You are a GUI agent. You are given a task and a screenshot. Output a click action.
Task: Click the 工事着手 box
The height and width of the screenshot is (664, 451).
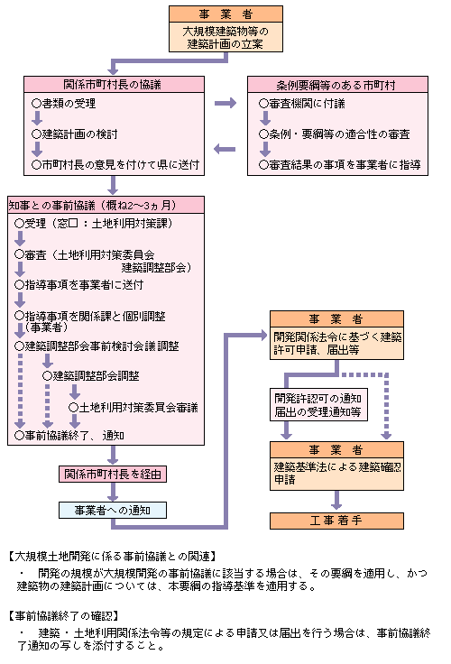pos(336,521)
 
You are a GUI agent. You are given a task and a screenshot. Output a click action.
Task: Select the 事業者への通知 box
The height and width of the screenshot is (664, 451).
pos(113,511)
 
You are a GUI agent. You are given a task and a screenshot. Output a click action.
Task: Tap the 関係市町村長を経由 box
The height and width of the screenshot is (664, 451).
pos(113,475)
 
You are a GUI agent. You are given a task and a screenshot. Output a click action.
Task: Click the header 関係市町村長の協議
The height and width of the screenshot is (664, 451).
pos(114,84)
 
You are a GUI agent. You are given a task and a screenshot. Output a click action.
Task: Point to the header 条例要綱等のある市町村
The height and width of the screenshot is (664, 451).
pos(337,84)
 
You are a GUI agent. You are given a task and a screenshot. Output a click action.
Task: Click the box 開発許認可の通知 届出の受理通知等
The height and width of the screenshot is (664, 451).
pos(318,405)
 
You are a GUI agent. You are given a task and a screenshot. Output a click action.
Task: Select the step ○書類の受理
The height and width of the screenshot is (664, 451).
pos(64,104)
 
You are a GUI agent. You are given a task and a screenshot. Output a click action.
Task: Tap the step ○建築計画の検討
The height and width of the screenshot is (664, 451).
pos(75,134)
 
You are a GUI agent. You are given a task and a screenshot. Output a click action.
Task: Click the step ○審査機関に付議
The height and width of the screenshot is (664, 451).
pos(302,104)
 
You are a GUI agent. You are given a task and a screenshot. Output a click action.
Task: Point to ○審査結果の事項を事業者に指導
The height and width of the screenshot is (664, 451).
pos(340,165)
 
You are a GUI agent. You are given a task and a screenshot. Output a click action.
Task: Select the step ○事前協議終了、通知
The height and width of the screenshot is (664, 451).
pos(69,436)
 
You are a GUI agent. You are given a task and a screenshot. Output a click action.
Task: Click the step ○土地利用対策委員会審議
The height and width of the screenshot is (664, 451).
pos(133,408)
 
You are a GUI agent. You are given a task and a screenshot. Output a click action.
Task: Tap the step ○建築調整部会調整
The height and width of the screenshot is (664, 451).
pos(91,375)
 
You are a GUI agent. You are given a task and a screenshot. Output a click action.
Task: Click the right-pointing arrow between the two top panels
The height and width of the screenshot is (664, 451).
pos(225,103)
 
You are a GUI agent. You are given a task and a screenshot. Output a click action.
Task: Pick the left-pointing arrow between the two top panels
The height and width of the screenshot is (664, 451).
pos(225,149)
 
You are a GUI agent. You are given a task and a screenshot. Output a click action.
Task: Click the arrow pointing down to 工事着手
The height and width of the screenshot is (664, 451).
pos(336,500)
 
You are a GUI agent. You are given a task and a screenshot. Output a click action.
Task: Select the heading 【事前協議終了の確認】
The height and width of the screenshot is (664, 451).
pos(63,615)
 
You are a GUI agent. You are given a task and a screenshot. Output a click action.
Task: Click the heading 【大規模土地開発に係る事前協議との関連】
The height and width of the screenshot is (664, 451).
pos(113,556)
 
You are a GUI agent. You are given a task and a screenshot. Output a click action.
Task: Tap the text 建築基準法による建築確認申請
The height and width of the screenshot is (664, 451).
pos(337,473)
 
